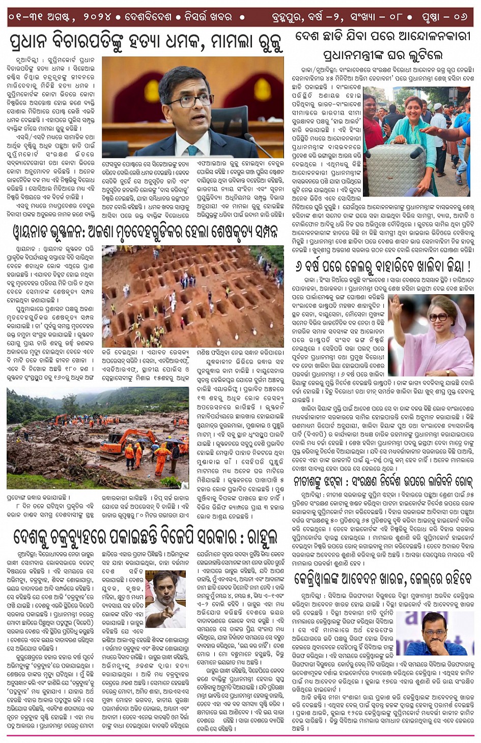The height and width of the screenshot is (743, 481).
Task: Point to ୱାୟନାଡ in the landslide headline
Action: click(x=35, y=232)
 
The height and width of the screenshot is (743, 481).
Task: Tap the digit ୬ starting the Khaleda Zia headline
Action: click(x=299, y=266)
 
